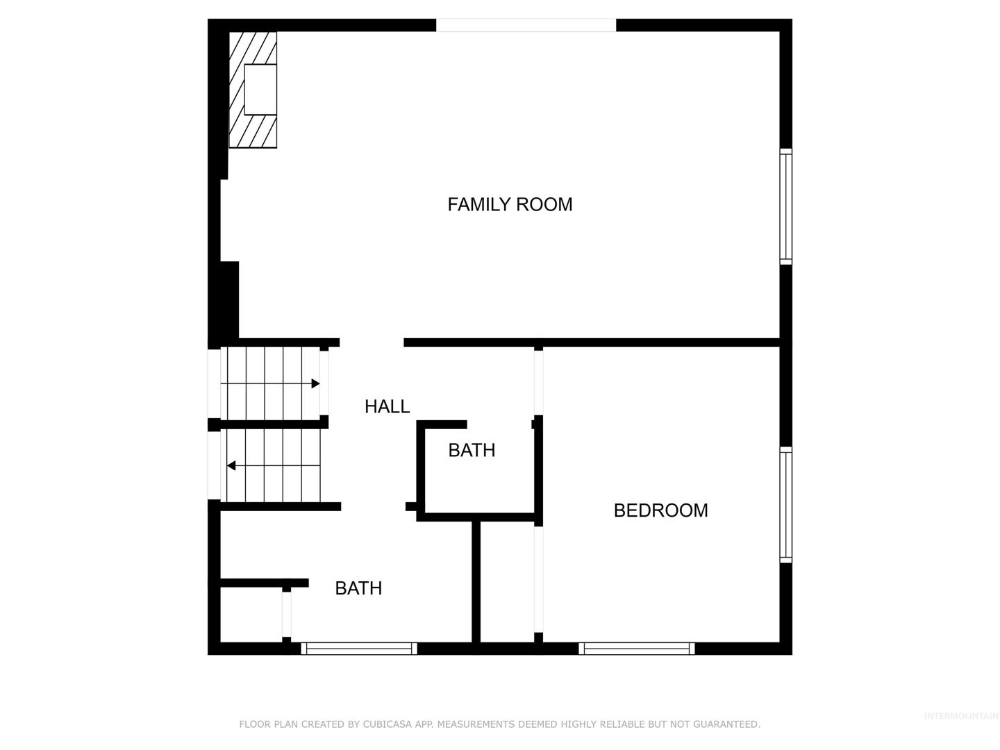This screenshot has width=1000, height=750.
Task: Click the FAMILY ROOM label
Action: tap(510, 204)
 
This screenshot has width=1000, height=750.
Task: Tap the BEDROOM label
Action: tap(660, 510)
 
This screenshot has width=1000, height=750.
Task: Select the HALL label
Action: tap(387, 406)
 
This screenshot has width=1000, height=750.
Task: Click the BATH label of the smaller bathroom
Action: tap(472, 450)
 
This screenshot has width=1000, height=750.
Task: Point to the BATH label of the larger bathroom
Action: tap(358, 588)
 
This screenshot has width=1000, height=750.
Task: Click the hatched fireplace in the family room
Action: tap(252, 90)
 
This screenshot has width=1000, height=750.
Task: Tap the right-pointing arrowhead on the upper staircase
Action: tap(315, 383)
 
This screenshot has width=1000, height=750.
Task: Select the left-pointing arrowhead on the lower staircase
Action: tap(231, 465)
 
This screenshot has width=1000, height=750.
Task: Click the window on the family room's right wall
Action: tap(786, 206)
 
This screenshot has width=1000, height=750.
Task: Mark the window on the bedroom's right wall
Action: tap(786, 505)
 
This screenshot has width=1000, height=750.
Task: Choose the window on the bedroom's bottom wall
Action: tap(636, 649)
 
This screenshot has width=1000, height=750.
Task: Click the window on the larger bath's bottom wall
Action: tap(359, 649)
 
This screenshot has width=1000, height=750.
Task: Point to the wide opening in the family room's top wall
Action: tap(526, 25)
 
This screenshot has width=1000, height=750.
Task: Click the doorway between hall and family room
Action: tap(372, 342)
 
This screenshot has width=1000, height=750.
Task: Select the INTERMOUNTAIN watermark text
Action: tap(961, 716)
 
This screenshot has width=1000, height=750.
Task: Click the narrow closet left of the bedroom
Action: tap(507, 582)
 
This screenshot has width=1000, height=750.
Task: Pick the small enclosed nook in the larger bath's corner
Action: tap(251, 615)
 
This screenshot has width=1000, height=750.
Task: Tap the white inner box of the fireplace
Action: tap(260, 90)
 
